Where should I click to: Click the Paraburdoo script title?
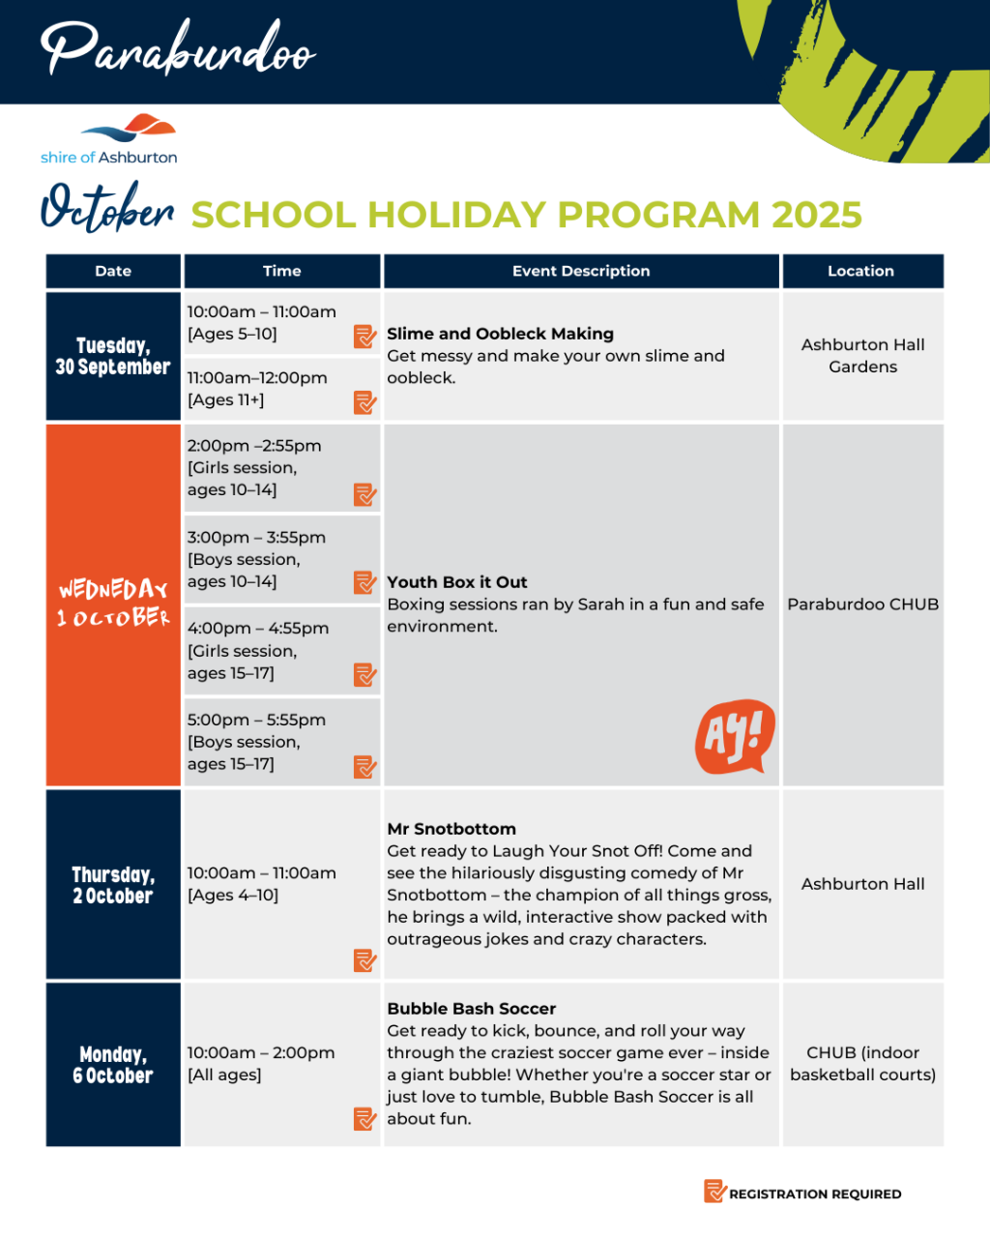coord(178,48)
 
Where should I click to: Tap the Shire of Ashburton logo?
coord(109,140)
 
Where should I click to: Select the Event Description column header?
coord(581,271)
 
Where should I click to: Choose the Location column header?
coord(860,271)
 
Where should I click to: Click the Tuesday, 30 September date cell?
coord(113,356)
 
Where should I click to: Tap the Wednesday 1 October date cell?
coord(113,604)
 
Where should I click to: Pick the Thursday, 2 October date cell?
coord(113,885)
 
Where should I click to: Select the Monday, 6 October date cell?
coord(113,1065)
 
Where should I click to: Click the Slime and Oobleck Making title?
coord(500,334)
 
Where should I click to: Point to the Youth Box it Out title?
coord(457,582)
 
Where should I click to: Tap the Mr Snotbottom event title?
coord(451,829)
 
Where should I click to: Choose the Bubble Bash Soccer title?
coord(472,1009)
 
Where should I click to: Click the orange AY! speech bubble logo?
coord(735,736)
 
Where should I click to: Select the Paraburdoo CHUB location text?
coord(863,604)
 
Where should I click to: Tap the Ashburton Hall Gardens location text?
coord(863,356)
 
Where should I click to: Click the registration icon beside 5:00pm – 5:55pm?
coord(364,767)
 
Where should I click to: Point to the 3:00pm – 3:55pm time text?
coord(256,538)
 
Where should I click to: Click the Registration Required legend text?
coord(815,1194)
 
